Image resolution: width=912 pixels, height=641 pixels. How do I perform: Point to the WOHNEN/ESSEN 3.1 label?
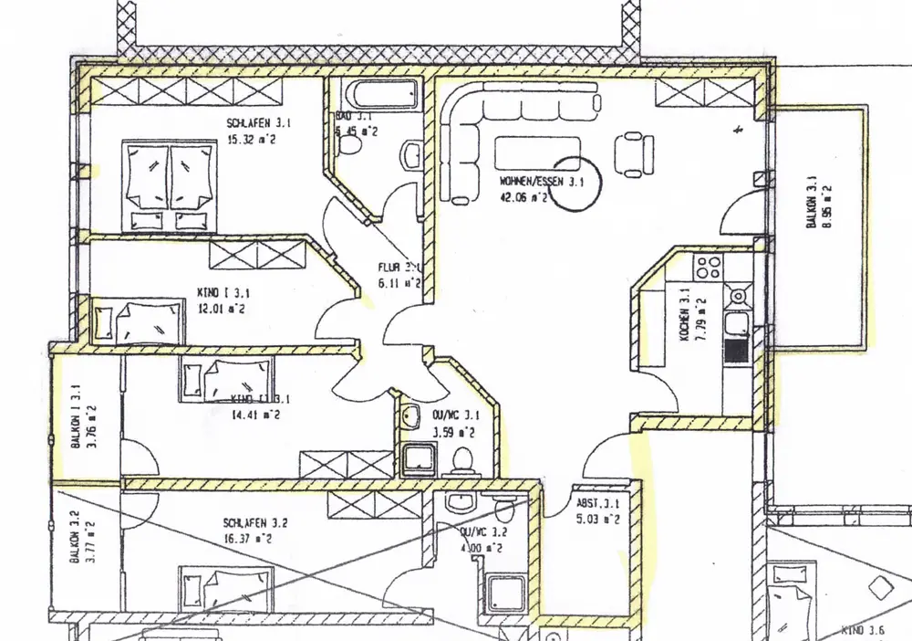541,182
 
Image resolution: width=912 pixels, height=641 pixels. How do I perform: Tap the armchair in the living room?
633,152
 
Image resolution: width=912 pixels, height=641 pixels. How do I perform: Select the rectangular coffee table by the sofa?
537,150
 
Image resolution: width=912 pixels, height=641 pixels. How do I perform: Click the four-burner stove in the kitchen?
709,268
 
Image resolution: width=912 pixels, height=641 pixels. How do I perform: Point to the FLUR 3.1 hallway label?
398,268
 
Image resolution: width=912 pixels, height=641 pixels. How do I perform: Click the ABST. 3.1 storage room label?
598,503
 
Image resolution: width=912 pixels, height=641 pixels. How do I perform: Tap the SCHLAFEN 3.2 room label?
255,523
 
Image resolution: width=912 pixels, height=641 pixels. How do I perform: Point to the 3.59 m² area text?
453,432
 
